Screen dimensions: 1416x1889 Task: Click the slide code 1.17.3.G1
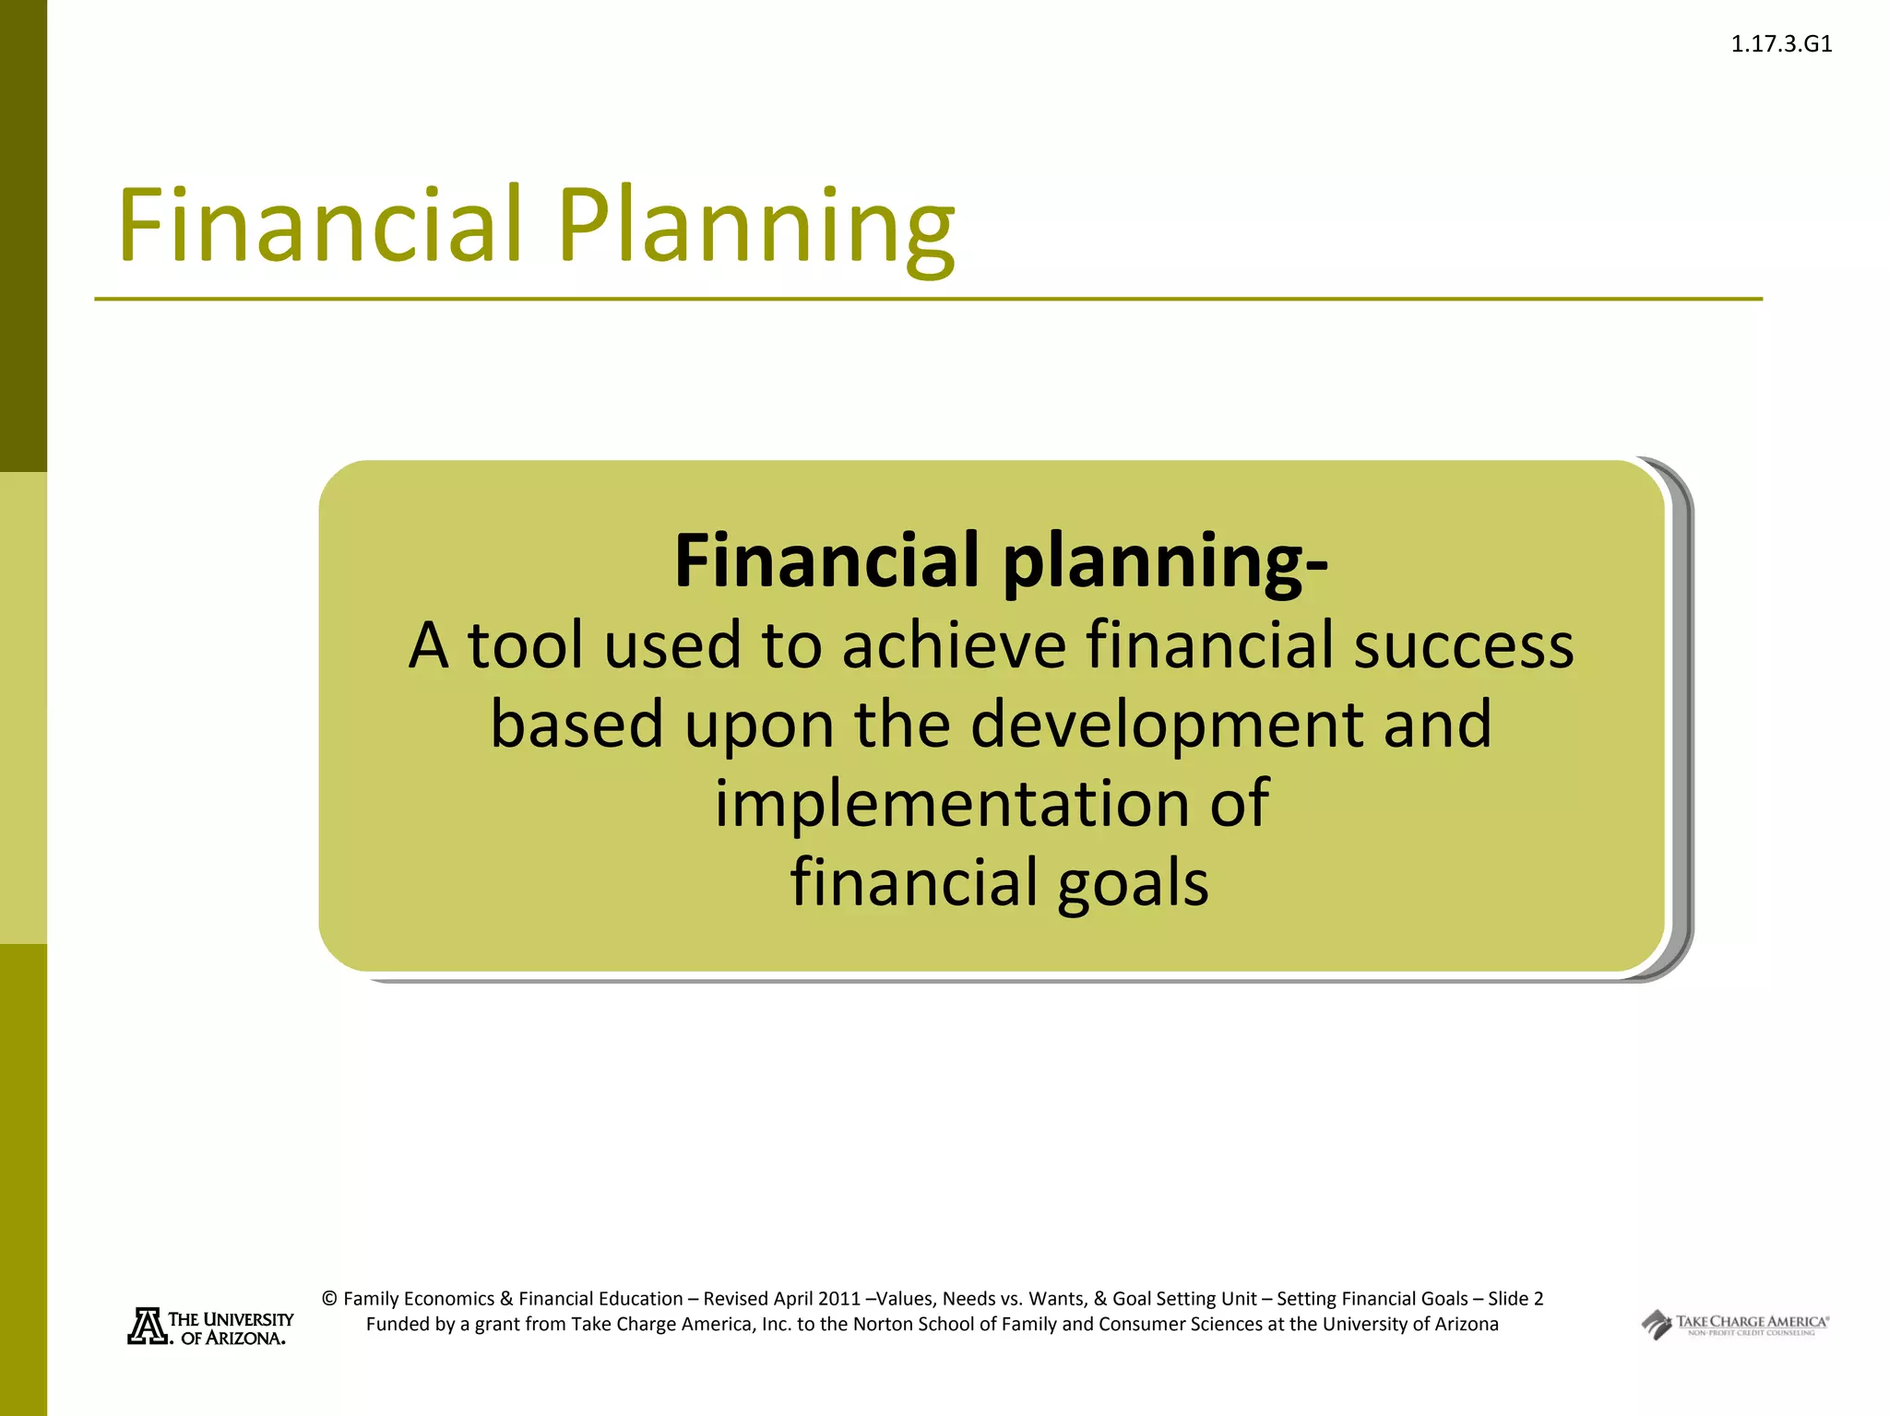coord(1781,44)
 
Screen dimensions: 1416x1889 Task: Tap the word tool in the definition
coord(525,644)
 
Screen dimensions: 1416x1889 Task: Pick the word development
coord(1167,724)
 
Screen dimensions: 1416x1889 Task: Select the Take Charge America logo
coord(1734,1325)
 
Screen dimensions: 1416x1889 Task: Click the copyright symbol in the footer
coord(329,1299)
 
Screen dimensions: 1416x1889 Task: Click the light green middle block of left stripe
coord(23,708)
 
